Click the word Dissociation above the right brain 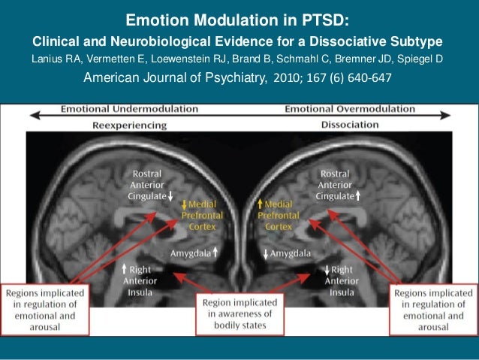[x=349, y=124]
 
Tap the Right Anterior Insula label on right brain [x=339, y=280]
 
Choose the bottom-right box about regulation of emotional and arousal [x=432, y=308]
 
